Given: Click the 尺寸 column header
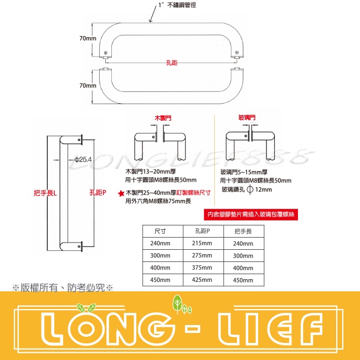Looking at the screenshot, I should pos(160,231).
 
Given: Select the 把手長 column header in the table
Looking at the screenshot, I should pos(243,231).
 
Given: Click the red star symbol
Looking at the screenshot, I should pos(120,193).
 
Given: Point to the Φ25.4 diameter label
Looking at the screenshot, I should pos(83,160).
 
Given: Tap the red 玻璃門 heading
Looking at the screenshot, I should pos(246,118).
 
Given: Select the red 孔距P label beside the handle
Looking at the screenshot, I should pos(97,193).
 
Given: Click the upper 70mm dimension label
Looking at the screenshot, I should pos(88,39).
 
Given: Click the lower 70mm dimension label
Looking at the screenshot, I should pos(88,86).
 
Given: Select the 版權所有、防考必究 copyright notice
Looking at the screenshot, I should pos(62,287).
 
